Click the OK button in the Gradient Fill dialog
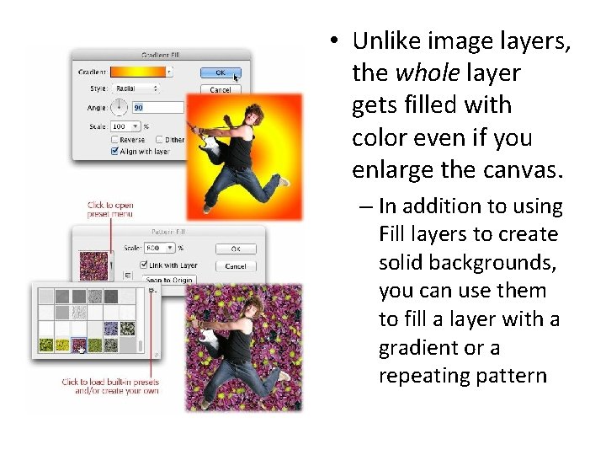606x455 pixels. click(221, 72)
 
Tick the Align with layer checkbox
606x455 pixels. click(115, 152)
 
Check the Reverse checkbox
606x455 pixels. click(115, 140)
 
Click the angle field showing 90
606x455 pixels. click(157, 107)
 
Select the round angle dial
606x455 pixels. click(119, 107)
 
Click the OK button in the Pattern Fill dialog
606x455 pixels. click(236, 249)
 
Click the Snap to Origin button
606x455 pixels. click(169, 280)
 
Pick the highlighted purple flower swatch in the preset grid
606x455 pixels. click(78, 345)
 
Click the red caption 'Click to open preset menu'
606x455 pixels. click(110, 210)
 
